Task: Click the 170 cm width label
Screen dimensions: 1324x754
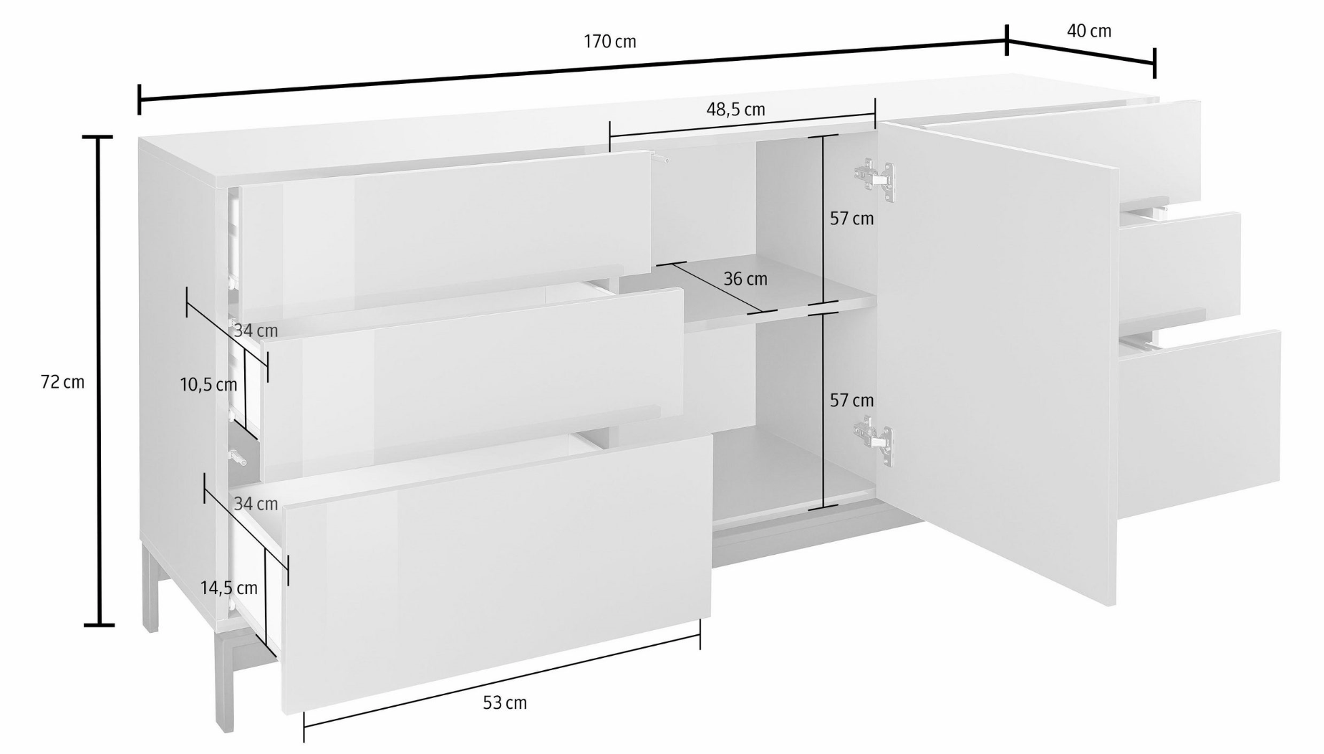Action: tap(609, 42)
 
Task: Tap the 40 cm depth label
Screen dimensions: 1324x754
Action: tap(1088, 31)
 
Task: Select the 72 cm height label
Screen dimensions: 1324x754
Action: tap(62, 382)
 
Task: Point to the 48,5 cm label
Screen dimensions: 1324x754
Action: tap(735, 110)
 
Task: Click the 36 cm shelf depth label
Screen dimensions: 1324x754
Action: tap(745, 279)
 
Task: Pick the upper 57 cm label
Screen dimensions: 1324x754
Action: tap(851, 219)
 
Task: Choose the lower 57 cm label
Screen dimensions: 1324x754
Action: tap(851, 401)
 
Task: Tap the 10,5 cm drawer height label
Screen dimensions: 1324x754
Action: tap(208, 385)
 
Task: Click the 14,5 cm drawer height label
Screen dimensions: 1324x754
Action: tap(228, 588)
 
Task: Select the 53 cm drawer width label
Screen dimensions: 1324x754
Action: tap(505, 703)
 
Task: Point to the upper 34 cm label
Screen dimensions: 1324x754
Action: tap(256, 331)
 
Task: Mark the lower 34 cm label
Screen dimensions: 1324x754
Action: tap(256, 504)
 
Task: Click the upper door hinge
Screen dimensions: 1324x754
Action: tap(874, 178)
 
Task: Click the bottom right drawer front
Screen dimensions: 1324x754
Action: tap(1199, 423)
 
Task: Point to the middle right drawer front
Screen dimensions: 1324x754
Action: tap(1180, 267)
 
